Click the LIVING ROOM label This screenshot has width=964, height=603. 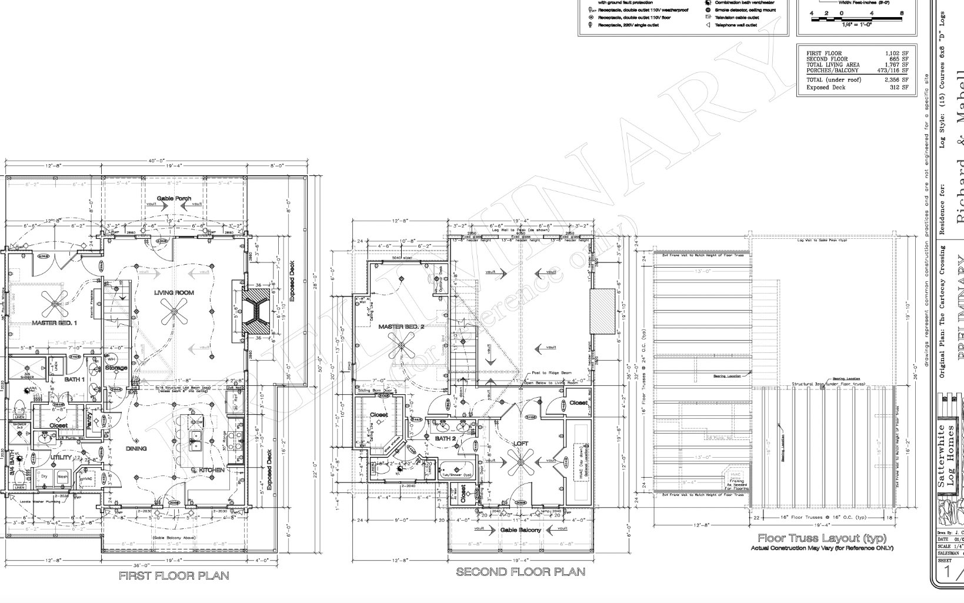point(174,292)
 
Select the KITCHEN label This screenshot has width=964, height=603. point(212,470)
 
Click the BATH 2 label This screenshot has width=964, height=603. point(446,438)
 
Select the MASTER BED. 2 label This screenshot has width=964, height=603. point(401,326)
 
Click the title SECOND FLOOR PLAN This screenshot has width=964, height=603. point(521,571)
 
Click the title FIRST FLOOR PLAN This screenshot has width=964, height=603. point(174,575)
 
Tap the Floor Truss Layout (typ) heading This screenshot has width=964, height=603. point(822,538)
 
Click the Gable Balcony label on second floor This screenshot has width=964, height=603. point(521,530)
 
